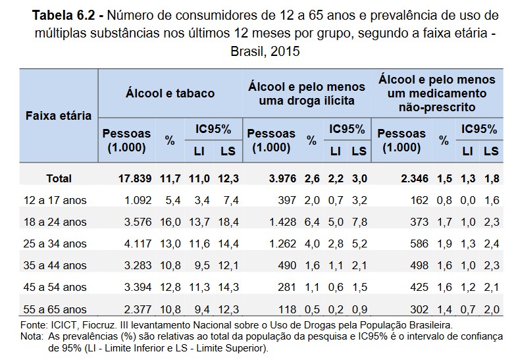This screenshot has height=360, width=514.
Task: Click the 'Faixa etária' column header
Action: click(x=58, y=116)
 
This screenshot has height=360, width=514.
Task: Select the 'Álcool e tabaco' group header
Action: click(x=170, y=93)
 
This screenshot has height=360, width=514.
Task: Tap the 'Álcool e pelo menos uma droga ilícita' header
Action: click(x=307, y=93)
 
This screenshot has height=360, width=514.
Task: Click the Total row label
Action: click(x=59, y=178)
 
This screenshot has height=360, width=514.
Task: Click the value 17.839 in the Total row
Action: click(x=134, y=178)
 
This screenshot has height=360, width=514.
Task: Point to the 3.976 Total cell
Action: click(x=284, y=178)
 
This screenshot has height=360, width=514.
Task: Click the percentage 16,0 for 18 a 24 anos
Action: click(x=170, y=222)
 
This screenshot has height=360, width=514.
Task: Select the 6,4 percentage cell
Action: click(x=312, y=222)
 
